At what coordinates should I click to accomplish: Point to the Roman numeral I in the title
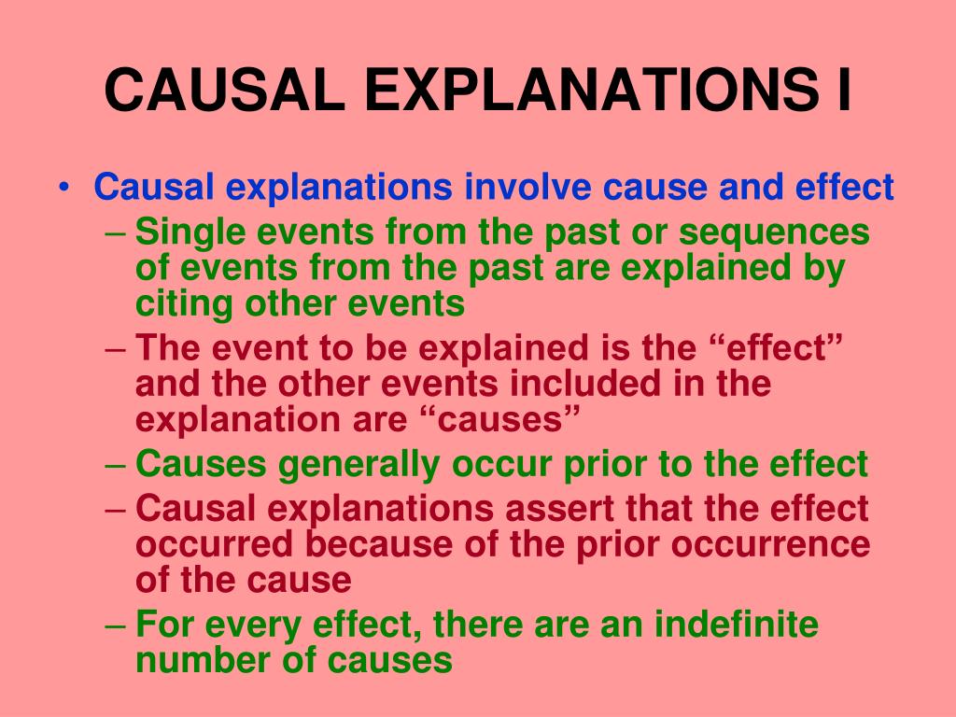pos(844,90)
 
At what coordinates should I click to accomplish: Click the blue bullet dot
pos(63,187)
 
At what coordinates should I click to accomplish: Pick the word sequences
pos(774,233)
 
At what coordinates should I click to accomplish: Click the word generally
pos(358,465)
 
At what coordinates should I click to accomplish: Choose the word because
pos(379,544)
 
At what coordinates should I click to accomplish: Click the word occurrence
pos(770,545)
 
